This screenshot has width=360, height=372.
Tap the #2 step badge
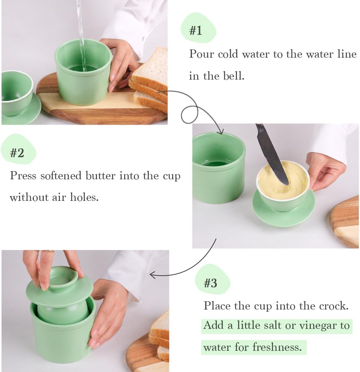coord(17,152)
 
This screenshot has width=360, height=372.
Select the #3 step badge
coord(211,283)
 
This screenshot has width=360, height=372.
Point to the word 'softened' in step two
coord(61,175)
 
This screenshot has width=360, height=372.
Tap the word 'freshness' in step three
coord(277,347)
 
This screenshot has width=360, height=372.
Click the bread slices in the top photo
coord(151,82)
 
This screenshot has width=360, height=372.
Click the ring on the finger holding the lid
coord(48,251)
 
